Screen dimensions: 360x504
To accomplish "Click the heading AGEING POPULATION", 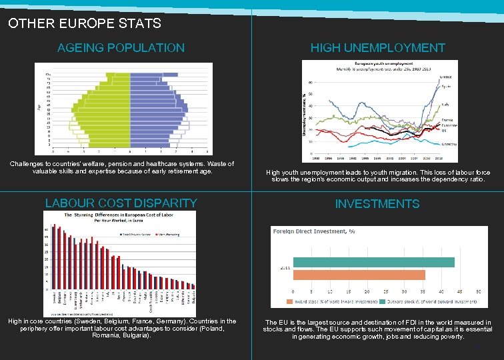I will coord(121,48).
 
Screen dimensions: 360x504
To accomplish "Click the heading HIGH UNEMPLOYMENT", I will coord(377,48).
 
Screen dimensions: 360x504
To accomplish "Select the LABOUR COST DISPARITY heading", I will coord(121,203).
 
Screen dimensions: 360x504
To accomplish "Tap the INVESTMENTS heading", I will coord(377,204).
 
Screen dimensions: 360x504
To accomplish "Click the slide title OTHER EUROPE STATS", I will coord(85,23).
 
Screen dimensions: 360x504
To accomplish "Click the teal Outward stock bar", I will coord(374,262).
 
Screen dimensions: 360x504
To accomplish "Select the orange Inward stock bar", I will coord(359,275).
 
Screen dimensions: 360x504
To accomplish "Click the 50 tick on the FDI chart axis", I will coord(478,292).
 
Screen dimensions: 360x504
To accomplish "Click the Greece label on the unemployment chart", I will coord(447,77).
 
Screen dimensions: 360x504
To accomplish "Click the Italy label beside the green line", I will coord(445,104).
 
